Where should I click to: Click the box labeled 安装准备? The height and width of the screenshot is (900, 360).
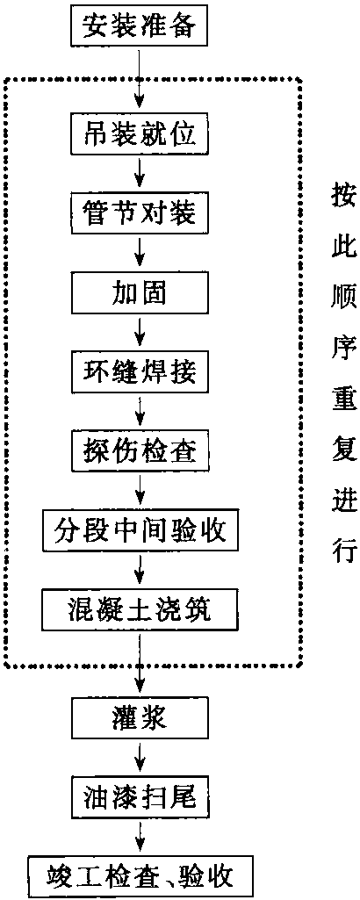tap(140, 26)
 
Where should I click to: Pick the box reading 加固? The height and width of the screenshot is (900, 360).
tap(140, 295)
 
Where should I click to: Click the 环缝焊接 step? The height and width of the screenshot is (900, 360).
tap(140, 374)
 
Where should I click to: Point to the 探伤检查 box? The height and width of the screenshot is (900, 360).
tap(140, 453)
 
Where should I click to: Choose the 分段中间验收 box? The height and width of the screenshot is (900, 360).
tap(140, 533)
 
